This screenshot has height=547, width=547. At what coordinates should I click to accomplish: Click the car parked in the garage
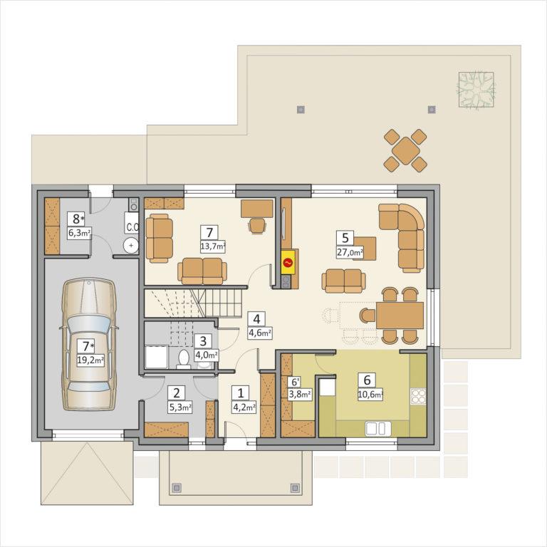[x=89, y=344]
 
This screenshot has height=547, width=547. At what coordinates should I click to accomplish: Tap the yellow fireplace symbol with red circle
[x=288, y=262]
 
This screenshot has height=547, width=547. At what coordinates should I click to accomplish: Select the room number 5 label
[x=345, y=238]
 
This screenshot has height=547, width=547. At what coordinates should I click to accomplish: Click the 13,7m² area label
[x=213, y=246]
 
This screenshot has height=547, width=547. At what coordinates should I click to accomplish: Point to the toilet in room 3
[x=184, y=359]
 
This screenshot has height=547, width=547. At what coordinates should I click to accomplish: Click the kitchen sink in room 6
[x=378, y=428]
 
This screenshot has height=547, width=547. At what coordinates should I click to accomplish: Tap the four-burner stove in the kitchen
[x=419, y=397]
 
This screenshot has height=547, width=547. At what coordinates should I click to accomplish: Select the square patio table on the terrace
[x=405, y=151]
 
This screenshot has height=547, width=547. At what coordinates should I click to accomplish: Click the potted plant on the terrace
[x=476, y=89]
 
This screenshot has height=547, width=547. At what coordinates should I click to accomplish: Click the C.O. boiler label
[x=132, y=227]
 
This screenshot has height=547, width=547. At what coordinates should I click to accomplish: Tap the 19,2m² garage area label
[x=90, y=360]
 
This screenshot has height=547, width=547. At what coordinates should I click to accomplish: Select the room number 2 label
[x=177, y=393]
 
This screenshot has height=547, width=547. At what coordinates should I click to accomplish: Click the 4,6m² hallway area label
[x=260, y=333]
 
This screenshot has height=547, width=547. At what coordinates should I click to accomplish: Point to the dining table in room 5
[x=400, y=316]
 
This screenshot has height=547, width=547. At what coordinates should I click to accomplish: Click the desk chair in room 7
[x=257, y=225]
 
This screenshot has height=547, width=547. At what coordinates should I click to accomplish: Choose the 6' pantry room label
[x=295, y=382]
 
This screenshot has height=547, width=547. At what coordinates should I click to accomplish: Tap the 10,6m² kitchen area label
[x=370, y=395]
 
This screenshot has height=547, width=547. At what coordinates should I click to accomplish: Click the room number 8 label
[x=76, y=219]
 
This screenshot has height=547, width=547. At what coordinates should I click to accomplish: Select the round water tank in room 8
[x=131, y=245]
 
